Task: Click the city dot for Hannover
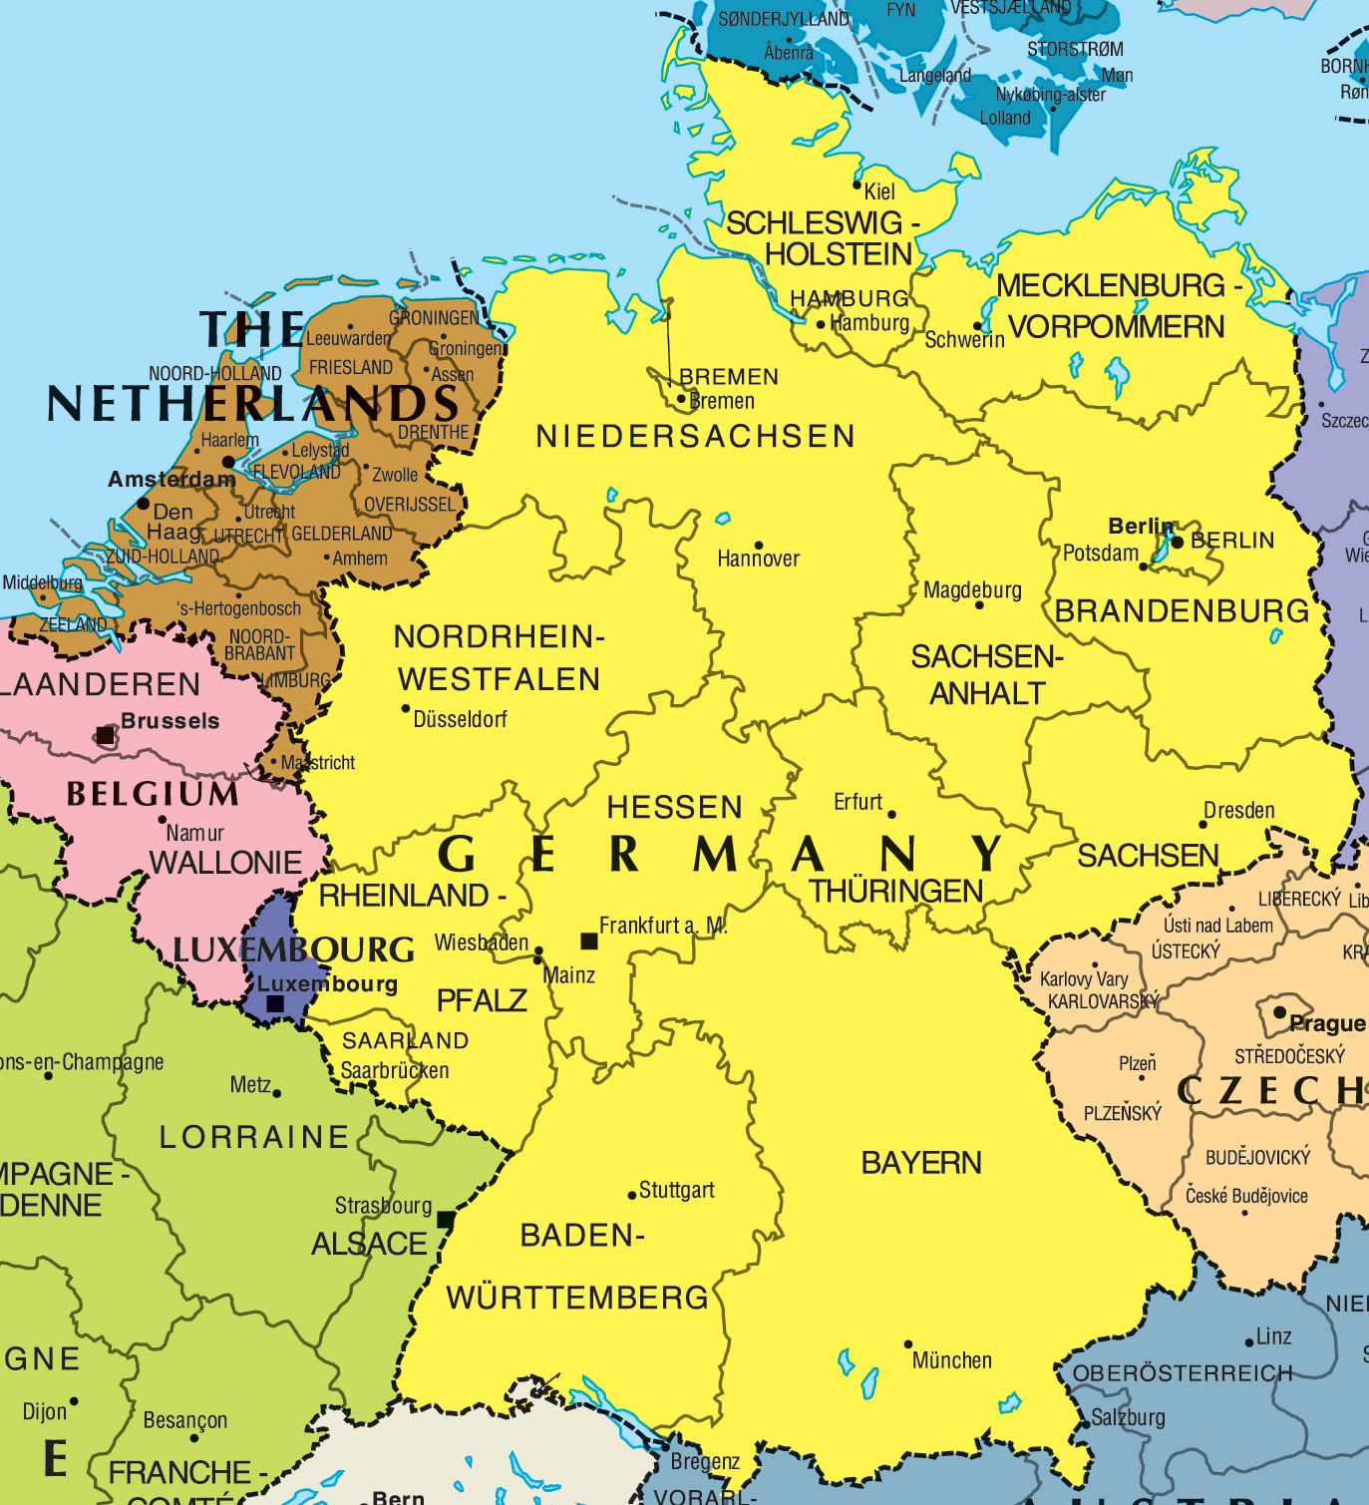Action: [759, 546]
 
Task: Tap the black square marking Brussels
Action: [105, 736]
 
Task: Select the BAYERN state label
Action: [921, 1163]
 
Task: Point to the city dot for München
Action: [908, 1344]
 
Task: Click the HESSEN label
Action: [675, 807]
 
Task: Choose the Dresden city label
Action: [1238, 810]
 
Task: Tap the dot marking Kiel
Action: [856, 186]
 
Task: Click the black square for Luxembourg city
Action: [276, 1004]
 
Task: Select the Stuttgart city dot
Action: [631, 1195]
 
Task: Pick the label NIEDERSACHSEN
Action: [695, 436]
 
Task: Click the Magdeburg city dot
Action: [978, 605]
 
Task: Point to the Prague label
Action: [1326, 1023]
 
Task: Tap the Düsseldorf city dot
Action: [406, 709]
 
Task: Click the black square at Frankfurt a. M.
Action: [589, 941]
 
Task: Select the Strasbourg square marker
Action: [445, 1220]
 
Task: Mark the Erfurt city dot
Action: [891, 814]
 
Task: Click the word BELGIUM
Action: [153, 794]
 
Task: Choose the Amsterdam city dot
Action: [228, 462]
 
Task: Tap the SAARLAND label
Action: [405, 1040]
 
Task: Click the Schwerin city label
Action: [963, 340]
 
